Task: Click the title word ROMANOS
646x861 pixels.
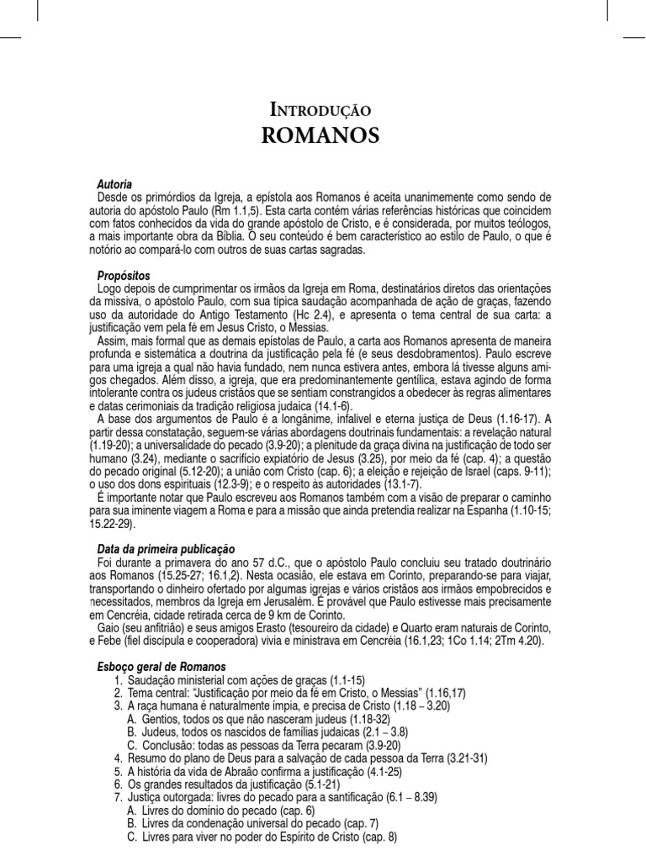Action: tap(322, 135)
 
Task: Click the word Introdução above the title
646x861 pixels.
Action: tap(322, 109)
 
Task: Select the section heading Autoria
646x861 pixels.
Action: tap(114, 183)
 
